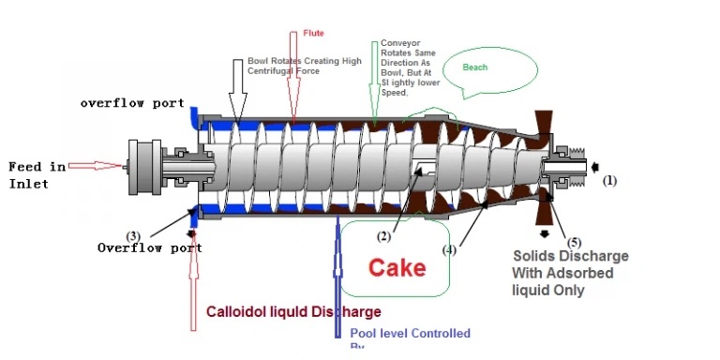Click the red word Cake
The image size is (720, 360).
[397, 268]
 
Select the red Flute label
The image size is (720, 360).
[313, 33]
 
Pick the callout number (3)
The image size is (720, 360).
[134, 235]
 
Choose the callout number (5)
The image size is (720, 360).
[574, 242]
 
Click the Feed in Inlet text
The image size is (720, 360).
[37, 174]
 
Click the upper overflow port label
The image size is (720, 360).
[132, 103]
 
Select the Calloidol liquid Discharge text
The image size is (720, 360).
[293, 312]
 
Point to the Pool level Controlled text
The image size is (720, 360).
[410, 334]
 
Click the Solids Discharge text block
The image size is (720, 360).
[570, 273]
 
